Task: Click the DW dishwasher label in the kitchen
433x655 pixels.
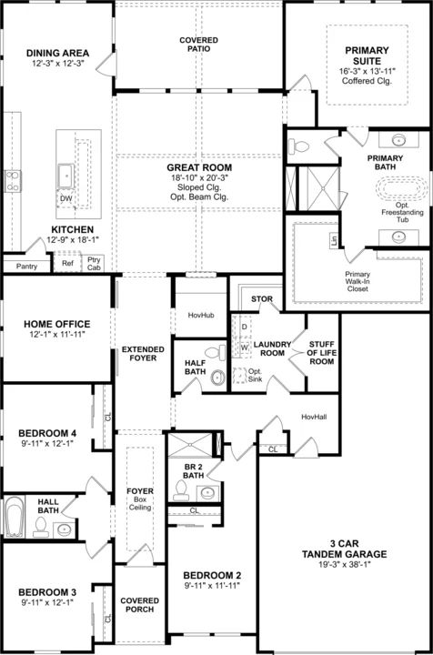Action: [x=66, y=198]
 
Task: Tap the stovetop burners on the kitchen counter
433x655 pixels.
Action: [x=13, y=181]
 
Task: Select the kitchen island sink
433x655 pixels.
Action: [x=66, y=176]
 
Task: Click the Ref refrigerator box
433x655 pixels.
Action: [x=67, y=263]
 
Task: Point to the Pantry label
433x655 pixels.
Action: [x=26, y=266]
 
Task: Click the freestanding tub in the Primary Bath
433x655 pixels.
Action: [x=402, y=189]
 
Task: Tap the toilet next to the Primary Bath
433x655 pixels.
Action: [x=299, y=146]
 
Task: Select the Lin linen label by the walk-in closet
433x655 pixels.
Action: [x=334, y=240]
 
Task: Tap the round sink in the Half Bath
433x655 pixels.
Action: [x=218, y=378]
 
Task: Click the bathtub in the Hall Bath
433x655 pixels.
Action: [x=15, y=517]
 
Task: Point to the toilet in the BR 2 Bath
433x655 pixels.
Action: [x=181, y=490]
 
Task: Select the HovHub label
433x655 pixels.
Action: [x=201, y=316]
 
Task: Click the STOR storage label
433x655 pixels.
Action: [x=262, y=299]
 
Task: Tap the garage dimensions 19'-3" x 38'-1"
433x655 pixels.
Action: [x=345, y=564]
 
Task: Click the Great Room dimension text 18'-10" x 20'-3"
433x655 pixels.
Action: [x=199, y=177]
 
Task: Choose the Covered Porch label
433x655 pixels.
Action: [x=139, y=605]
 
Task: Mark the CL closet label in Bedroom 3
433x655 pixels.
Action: [x=108, y=619]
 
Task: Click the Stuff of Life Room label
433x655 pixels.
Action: [x=321, y=353]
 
